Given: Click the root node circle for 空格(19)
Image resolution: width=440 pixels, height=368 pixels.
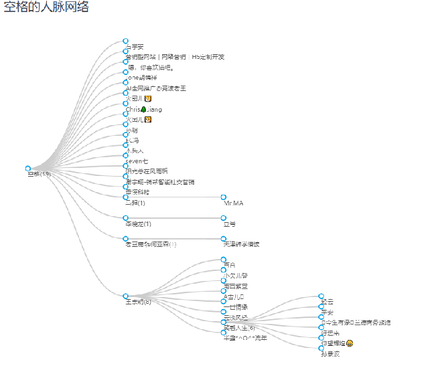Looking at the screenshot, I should [27, 169].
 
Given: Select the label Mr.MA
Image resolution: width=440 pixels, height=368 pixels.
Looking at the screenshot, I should [234, 203].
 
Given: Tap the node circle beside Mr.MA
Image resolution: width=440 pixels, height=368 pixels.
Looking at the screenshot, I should [223, 197].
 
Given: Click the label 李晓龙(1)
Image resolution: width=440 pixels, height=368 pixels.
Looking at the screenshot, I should [138, 224].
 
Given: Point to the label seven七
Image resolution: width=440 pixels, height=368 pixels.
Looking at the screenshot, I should [137, 161].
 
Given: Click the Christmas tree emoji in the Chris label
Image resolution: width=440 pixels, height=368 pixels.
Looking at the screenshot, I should [143, 109].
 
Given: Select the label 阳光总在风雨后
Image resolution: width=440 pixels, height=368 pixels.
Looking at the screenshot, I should [147, 171].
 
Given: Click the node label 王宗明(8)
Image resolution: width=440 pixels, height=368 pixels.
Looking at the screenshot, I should [138, 302].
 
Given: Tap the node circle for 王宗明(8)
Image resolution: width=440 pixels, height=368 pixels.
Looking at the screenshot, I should [125, 296].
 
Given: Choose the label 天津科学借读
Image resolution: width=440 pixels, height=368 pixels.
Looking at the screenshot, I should [241, 244].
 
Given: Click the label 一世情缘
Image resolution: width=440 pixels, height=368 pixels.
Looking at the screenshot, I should [235, 306].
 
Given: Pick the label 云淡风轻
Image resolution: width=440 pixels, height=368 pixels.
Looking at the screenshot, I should [235, 317].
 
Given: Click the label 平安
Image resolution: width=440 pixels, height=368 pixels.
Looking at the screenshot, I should [327, 312].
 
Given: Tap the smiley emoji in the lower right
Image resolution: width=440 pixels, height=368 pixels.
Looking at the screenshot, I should [350, 343].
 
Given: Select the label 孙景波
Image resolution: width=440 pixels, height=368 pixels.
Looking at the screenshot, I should [330, 354].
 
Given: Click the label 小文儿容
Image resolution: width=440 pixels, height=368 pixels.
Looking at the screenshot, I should [235, 276].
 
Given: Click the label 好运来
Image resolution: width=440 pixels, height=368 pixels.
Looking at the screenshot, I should [330, 333].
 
